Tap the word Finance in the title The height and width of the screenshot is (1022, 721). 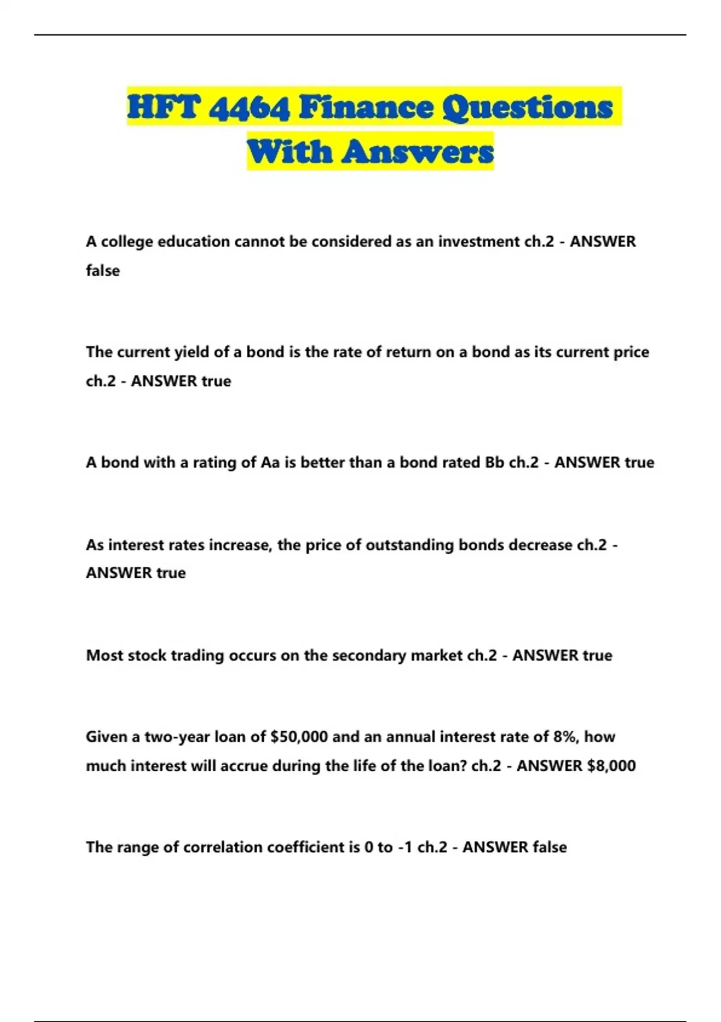[366, 108]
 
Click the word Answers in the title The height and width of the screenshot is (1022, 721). [418, 151]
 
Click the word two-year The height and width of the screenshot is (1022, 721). [177, 737]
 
